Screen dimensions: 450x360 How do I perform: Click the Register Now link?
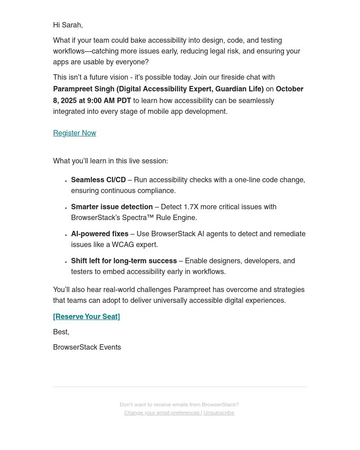75,133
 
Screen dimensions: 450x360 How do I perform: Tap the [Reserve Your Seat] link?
86,317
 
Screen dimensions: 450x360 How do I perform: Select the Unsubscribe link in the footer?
219,413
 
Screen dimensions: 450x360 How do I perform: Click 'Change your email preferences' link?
162,413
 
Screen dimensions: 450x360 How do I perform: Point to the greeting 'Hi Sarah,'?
68,25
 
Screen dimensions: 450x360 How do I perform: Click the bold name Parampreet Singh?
84,89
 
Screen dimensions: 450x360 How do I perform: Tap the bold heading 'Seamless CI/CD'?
98,180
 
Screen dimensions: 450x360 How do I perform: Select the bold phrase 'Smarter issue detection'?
112,207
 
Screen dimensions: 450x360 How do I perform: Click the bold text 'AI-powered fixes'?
99,234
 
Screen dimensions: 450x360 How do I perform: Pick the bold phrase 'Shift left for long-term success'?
124,261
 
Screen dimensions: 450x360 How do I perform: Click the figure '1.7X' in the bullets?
191,207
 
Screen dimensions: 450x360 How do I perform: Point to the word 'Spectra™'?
139,218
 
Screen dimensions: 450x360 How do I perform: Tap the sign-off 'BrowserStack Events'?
87,347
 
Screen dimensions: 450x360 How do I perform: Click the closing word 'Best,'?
61,332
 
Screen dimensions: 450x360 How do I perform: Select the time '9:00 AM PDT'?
109,101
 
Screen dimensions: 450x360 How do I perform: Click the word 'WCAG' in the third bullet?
123,245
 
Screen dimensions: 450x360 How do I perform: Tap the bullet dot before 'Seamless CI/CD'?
66,181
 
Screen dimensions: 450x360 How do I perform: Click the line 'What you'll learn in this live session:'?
110,161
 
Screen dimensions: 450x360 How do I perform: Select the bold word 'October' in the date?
289,89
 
